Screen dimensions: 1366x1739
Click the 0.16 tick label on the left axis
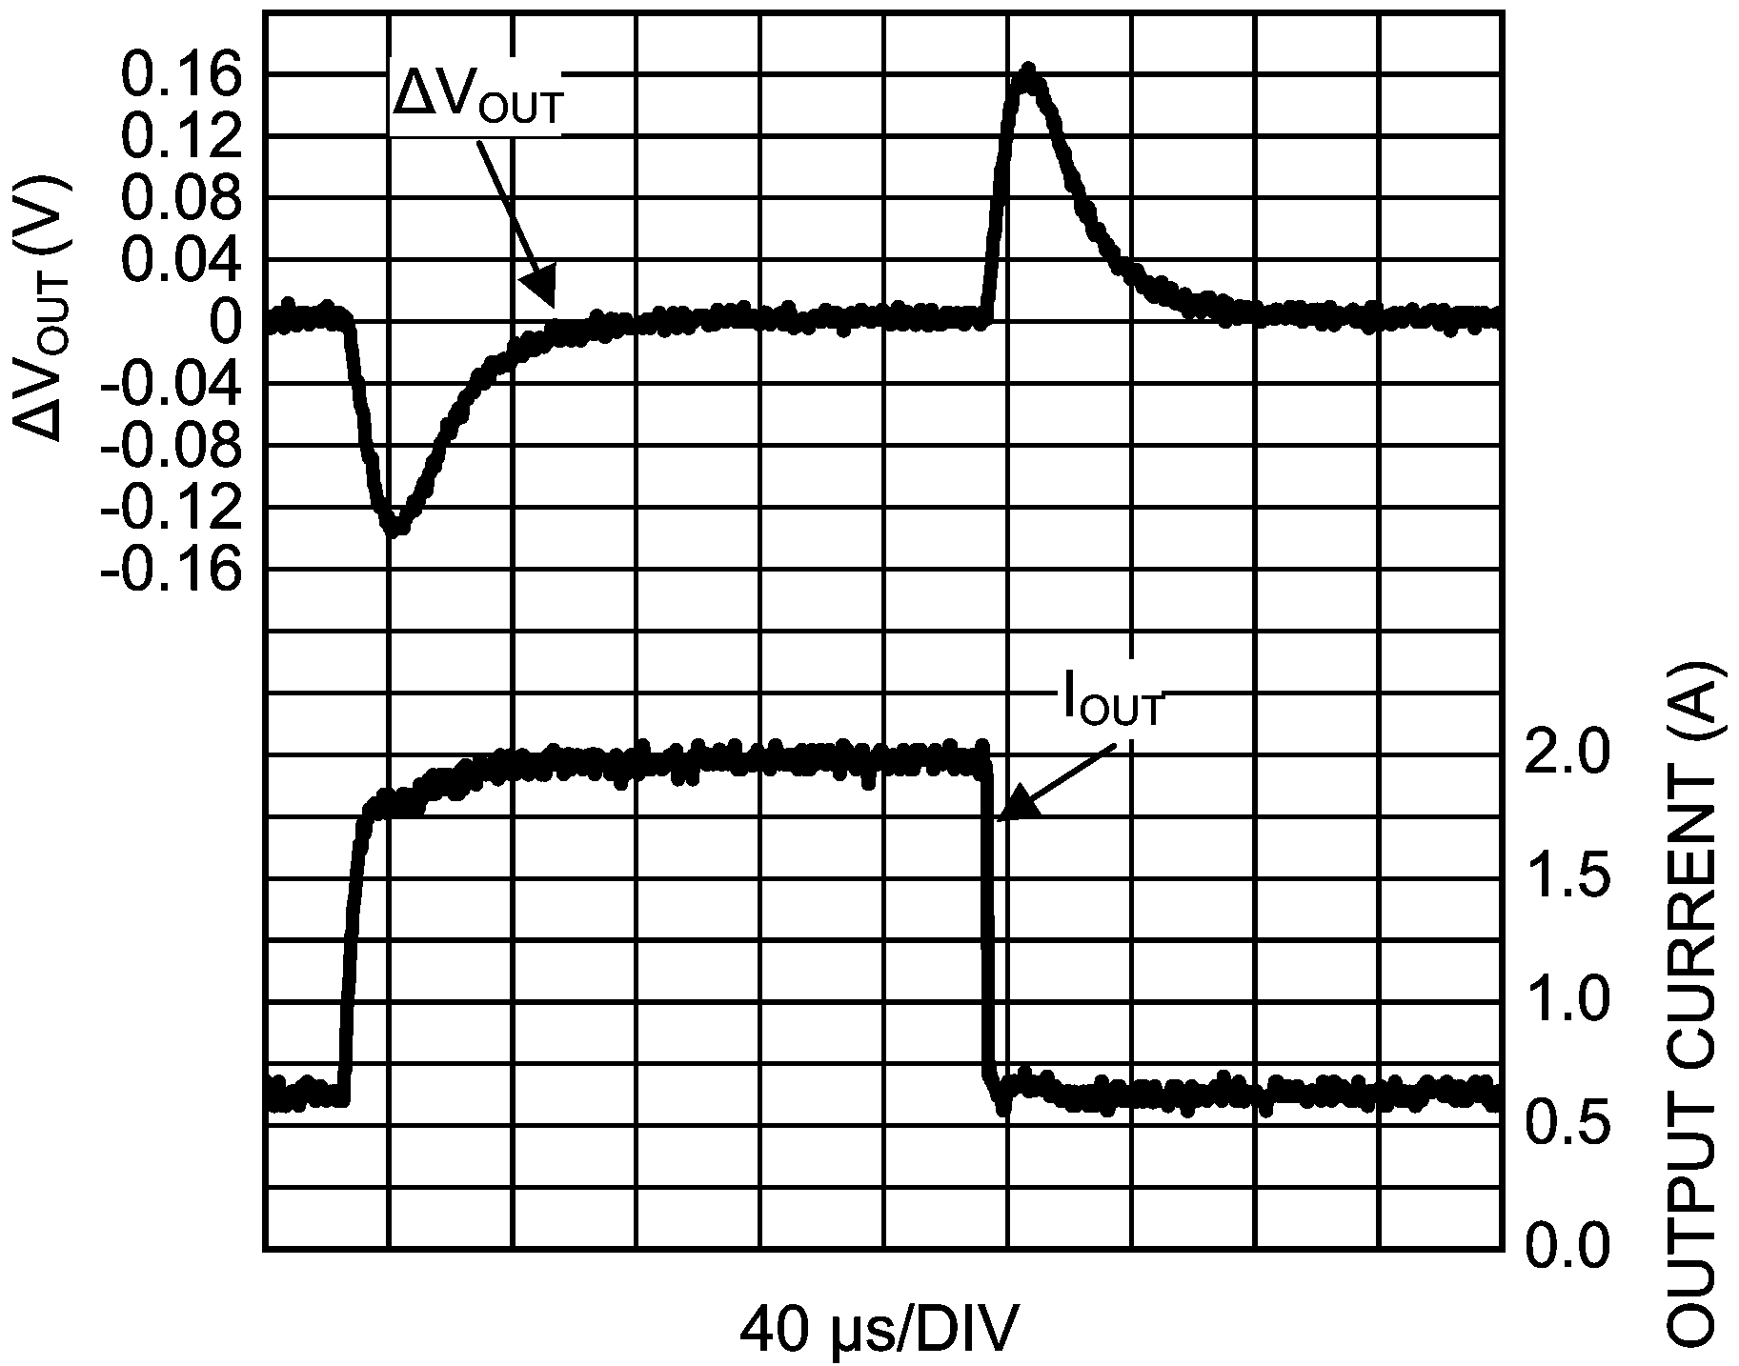point(178,77)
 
